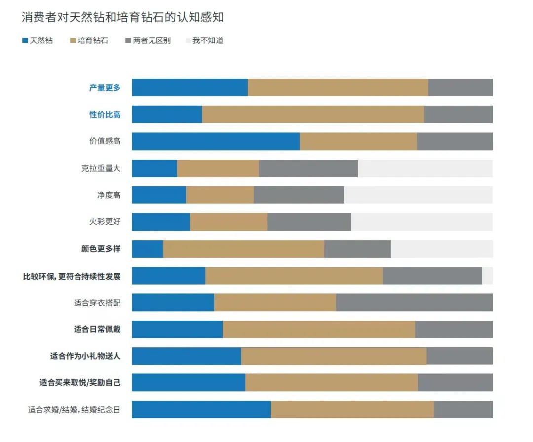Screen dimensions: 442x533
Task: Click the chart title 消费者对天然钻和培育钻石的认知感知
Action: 123,18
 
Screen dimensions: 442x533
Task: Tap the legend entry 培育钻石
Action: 89,40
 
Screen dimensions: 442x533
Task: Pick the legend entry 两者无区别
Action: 148,40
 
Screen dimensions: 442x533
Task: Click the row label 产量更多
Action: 105,88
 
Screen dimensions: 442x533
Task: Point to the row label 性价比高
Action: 105,115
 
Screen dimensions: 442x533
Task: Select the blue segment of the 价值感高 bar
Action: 216,141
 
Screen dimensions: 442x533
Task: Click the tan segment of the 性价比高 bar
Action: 313,115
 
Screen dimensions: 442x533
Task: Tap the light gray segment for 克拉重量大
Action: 425,168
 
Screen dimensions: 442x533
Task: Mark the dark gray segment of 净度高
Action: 299,195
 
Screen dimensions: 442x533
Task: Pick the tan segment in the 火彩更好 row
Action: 228,222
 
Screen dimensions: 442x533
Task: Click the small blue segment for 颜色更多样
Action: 148,249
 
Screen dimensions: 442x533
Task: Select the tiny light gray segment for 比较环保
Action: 487,276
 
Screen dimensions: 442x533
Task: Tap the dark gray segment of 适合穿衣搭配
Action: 414,303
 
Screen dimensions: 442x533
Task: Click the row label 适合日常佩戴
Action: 97,329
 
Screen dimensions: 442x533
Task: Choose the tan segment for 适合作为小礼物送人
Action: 334,356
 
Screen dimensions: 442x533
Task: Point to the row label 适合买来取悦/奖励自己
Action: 80,383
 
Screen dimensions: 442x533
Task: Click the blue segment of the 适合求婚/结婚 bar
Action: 201,409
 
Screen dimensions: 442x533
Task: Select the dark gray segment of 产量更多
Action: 460,88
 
